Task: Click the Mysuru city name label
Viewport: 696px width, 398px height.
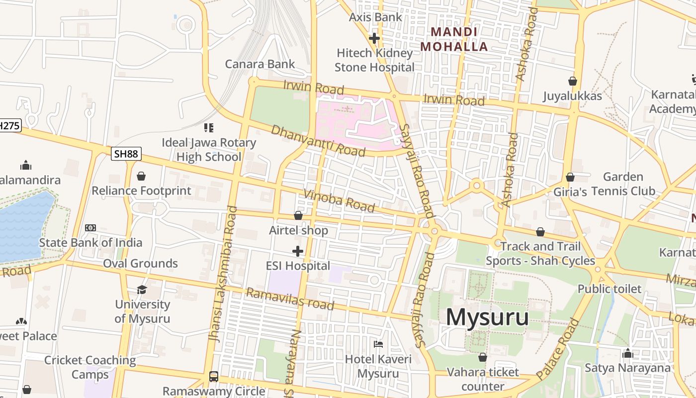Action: pos(487,317)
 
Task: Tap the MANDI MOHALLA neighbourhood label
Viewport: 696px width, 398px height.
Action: pos(454,39)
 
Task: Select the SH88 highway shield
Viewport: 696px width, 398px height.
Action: pos(126,154)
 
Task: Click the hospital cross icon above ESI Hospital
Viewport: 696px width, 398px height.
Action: pos(298,251)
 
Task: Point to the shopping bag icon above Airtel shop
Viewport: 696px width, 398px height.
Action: pos(298,215)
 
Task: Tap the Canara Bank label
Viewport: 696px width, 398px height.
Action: pos(260,64)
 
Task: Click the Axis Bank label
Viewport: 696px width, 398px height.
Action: pos(375,17)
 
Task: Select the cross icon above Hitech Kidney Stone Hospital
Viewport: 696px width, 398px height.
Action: pos(374,38)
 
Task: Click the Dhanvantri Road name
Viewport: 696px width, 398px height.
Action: pos(318,140)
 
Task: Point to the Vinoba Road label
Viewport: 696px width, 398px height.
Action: pos(339,200)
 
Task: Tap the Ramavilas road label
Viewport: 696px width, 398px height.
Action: pos(290,299)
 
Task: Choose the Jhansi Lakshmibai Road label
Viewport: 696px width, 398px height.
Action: pos(223,274)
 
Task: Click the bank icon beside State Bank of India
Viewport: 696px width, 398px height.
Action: pos(90,227)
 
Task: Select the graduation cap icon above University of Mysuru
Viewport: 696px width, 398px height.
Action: pos(142,290)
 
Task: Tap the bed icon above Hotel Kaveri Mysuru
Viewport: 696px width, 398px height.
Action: pos(378,344)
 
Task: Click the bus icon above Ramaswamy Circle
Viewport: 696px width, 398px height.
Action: pos(214,376)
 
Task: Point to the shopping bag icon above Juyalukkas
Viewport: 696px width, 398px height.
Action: pos(573,81)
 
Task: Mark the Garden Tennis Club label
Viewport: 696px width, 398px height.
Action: pos(622,184)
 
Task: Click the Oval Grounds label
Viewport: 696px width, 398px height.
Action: pos(140,264)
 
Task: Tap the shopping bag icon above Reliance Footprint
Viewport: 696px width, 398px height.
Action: pos(141,176)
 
